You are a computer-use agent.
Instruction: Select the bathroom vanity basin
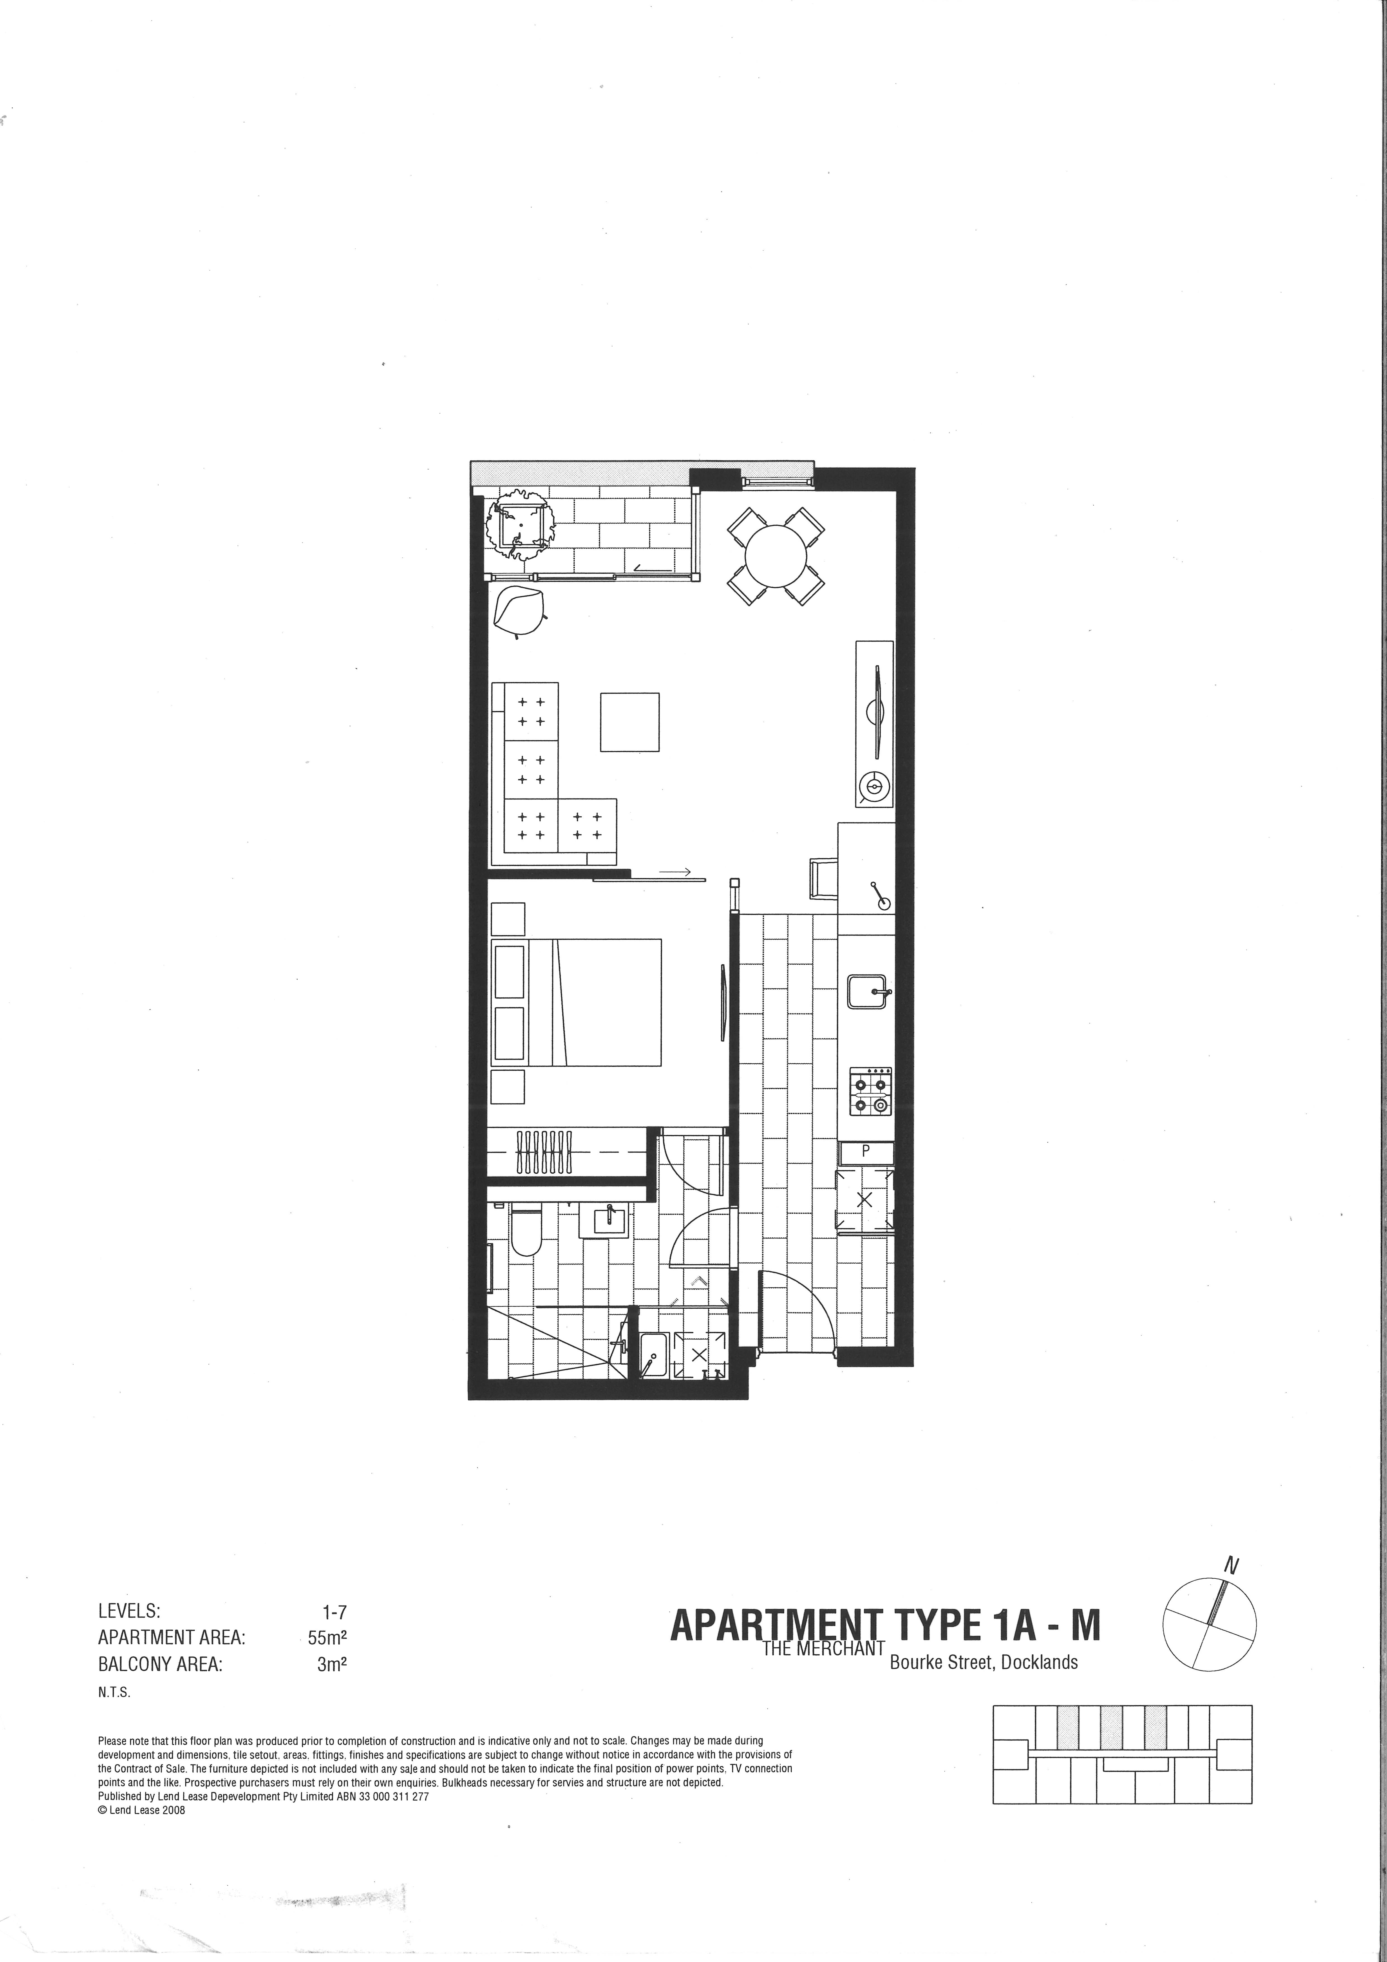(603, 1219)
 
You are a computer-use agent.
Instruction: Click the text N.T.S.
(115, 1689)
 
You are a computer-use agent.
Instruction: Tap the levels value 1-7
(334, 1612)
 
